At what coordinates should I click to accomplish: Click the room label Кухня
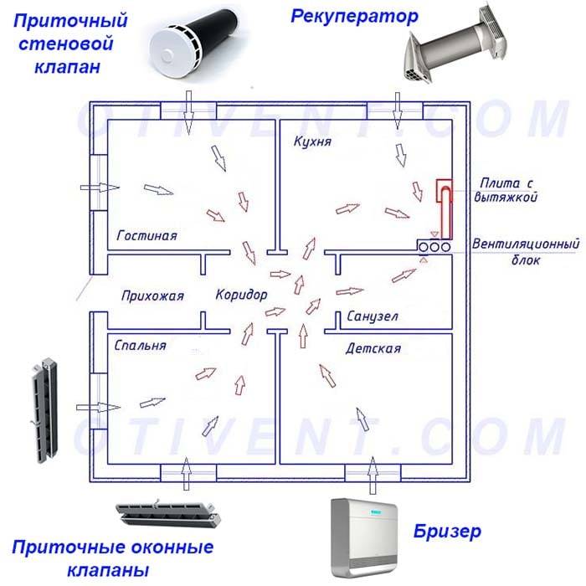[312, 141]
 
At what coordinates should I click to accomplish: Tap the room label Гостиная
[146, 235]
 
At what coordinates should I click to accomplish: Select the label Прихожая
[152, 296]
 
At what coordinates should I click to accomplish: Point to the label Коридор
[241, 295]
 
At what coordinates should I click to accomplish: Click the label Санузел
[373, 316]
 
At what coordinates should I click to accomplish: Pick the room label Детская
[373, 349]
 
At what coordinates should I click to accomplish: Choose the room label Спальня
[140, 345]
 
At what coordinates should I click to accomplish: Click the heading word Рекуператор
[354, 18]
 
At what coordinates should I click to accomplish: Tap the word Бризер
[447, 532]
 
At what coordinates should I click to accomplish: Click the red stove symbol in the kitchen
[445, 208]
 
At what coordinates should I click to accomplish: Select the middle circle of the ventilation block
[434, 247]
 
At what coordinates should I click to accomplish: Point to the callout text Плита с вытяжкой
[506, 190]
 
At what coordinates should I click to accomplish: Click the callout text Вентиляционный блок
[526, 251]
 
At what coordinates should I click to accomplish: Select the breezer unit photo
[364, 537]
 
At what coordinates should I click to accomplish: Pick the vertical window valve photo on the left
[45, 410]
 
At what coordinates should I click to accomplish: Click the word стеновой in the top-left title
[66, 44]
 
